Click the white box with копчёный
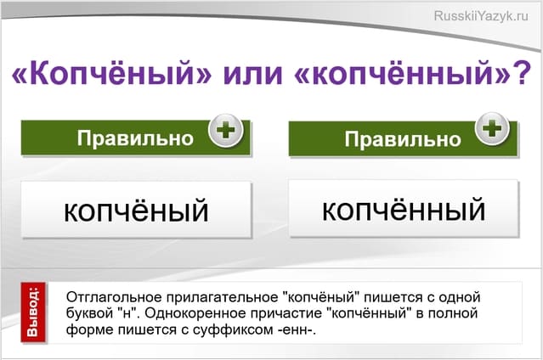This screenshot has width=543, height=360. coord(136,210)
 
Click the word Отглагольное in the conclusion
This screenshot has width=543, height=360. coord(110,298)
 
